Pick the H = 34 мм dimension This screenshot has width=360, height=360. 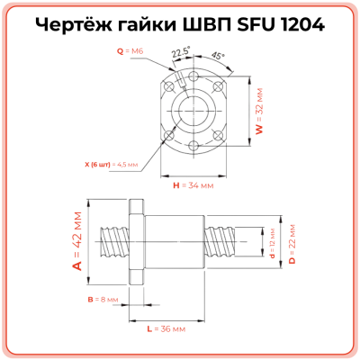click(192, 185)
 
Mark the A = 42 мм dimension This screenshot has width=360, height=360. click(76, 241)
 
